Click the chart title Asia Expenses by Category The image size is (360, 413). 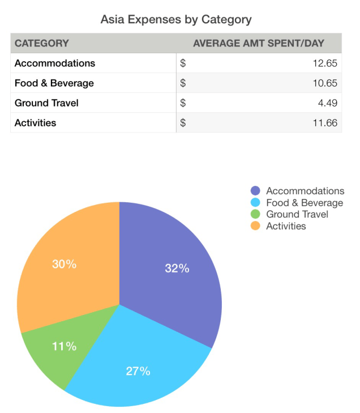point(176,19)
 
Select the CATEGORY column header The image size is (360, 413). point(42,43)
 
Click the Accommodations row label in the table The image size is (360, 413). point(55,63)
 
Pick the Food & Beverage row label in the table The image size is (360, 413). point(54,83)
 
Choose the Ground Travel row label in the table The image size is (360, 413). point(46,103)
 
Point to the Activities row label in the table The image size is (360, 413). point(35,122)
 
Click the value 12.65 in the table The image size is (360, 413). point(325,63)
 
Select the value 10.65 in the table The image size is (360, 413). point(325,83)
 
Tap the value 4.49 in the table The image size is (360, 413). point(328,103)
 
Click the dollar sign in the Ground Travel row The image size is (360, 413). point(183,103)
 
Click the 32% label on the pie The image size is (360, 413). point(177,269)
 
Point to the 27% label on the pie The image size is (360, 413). point(138,371)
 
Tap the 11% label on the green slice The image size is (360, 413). point(64,346)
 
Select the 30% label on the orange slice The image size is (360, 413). point(64,264)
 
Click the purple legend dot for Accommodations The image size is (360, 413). point(255,191)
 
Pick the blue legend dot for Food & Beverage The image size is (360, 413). point(255,203)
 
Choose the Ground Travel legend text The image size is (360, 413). point(297,214)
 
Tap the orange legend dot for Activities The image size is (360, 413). point(255,226)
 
